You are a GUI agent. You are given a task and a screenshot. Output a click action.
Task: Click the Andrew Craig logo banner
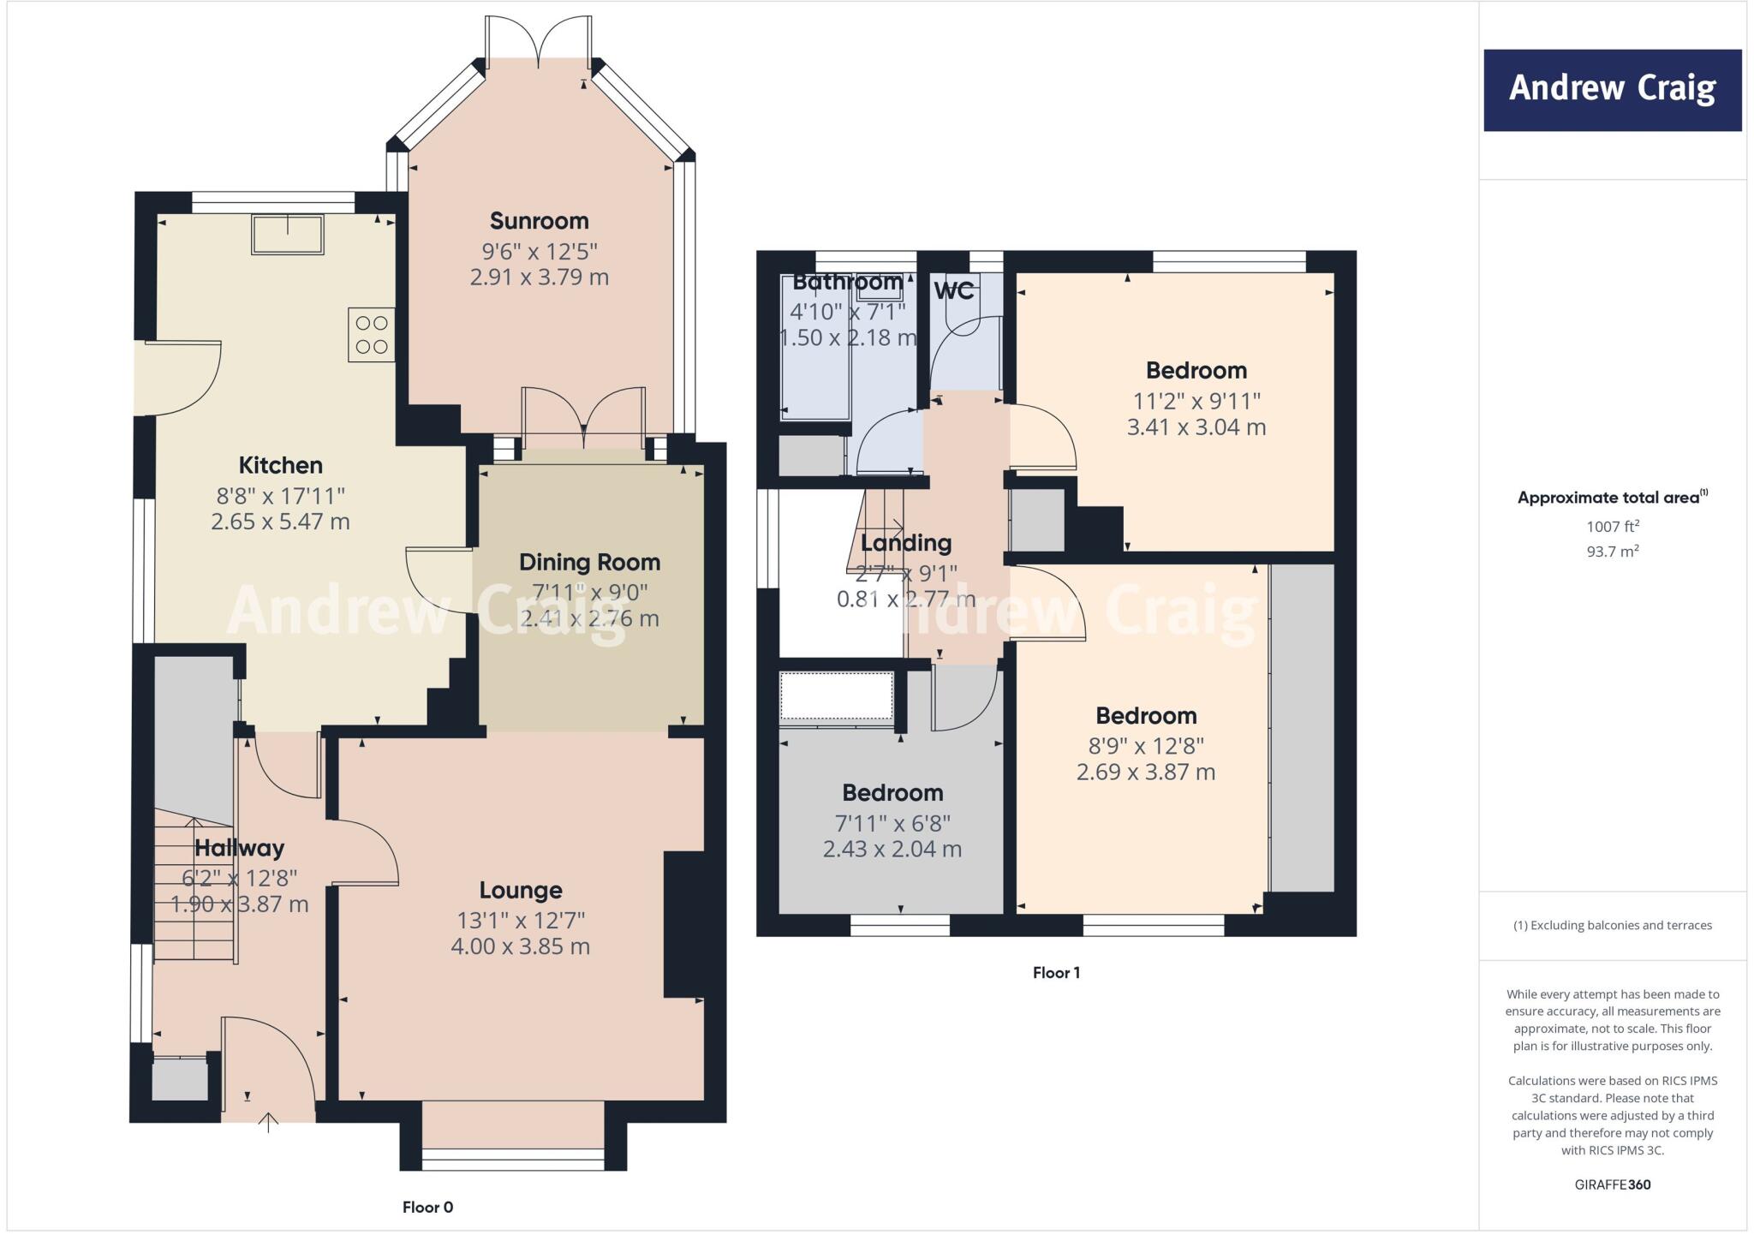point(1612,90)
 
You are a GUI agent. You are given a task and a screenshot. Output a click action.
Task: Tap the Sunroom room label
point(539,221)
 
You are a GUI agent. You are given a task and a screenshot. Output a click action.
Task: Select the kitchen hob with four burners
point(371,335)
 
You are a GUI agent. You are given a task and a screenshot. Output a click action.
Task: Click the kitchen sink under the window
point(288,235)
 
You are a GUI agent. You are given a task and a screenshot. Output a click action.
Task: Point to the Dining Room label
point(589,563)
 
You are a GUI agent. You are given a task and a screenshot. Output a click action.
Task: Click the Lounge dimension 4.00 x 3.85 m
point(520,946)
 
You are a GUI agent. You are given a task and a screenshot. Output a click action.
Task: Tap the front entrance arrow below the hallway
point(268,1122)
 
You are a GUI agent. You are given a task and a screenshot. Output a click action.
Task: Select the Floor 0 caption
point(427,1207)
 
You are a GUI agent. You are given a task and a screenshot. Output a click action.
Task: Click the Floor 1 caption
point(1056,972)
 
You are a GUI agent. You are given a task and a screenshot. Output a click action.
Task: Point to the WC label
point(953,291)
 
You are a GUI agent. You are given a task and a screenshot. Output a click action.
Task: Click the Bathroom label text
point(847,283)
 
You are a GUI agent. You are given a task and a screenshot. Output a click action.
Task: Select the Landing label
point(905,543)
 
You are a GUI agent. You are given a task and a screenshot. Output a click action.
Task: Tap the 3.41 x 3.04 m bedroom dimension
point(1196,427)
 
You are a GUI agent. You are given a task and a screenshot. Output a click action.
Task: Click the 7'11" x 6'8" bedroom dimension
point(892,823)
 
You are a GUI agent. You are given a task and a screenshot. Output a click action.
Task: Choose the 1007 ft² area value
point(1612,527)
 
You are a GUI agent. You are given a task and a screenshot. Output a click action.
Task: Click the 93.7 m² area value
point(1612,552)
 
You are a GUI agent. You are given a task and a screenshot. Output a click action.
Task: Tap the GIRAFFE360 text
point(1612,1184)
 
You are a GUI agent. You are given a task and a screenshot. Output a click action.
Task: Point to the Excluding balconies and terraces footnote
point(1612,925)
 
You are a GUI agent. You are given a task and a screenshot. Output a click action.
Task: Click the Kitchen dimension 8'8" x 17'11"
point(280,496)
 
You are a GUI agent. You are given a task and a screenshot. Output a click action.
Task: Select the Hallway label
point(239,848)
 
